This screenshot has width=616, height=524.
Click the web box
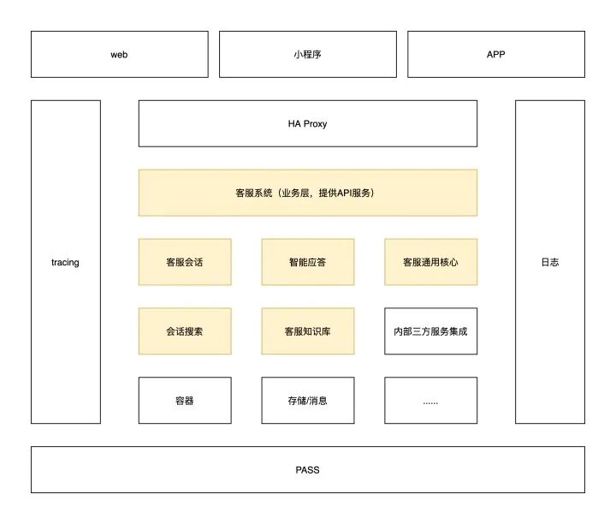tap(119, 54)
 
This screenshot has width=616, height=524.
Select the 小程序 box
tap(307, 54)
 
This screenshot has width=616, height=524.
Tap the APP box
tap(495, 54)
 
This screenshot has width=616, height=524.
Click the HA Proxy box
tap(307, 123)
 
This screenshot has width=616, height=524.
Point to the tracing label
tap(65, 262)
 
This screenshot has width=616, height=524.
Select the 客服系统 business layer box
tap(307, 193)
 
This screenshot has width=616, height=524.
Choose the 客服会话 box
tap(185, 262)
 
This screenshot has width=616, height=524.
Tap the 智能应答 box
tap(307, 262)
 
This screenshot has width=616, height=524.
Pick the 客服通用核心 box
tap(430, 262)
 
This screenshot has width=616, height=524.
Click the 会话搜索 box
tap(185, 331)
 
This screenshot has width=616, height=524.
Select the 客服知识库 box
tap(307, 331)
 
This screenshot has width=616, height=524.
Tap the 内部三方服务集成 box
tap(430, 331)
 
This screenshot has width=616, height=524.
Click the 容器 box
tap(185, 400)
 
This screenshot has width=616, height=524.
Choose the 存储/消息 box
tap(307, 400)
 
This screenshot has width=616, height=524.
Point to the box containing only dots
tap(430, 400)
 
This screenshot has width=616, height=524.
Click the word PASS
tap(307, 469)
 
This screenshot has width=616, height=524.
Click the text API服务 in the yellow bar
tap(354, 194)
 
